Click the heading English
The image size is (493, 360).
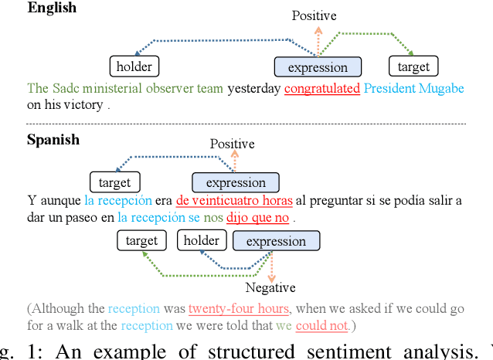click(52, 8)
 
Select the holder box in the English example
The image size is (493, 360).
click(134, 66)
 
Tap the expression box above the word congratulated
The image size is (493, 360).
click(318, 67)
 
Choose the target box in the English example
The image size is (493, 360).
click(413, 66)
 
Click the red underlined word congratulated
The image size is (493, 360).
click(322, 88)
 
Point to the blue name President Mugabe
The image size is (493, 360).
click(411, 88)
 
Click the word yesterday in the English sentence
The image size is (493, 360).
click(254, 88)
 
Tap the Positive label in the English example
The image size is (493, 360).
click(314, 15)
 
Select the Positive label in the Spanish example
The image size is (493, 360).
click(232, 144)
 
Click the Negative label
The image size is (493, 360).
click(270, 287)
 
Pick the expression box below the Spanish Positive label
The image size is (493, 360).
click(236, 183)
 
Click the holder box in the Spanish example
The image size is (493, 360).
click(202, 240)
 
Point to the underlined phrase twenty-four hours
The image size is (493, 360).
click(238, 308)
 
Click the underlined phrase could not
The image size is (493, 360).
click(321, 325)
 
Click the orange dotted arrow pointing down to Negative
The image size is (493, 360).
click(270, 267)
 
